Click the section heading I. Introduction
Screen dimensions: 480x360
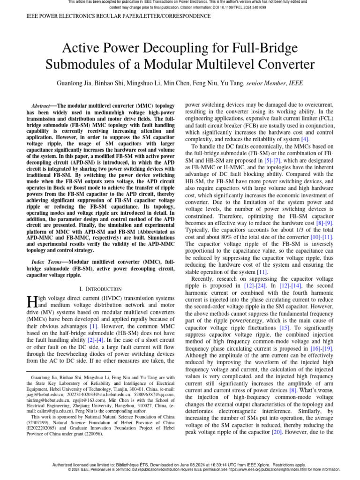[x=101, y=289]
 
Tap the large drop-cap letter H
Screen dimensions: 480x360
[x=32, y=302]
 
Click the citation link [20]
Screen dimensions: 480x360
[x=277, y=432]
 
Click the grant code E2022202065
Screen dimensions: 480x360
[x=46, y=428]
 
